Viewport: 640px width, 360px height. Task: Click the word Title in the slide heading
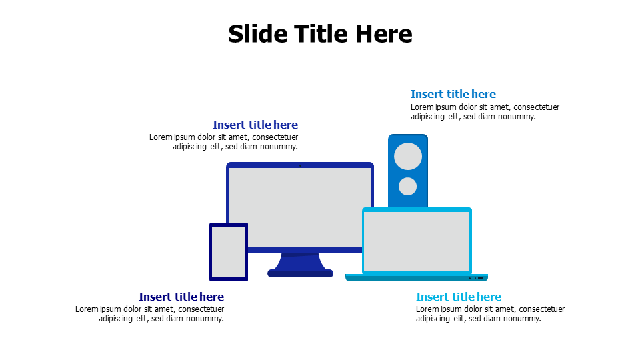click(x=321, y=33)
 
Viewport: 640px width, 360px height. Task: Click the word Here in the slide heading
click(x=384, y=33)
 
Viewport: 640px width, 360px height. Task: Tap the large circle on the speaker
click(x=408, y=156)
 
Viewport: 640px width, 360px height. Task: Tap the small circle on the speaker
click(x=407, y=186)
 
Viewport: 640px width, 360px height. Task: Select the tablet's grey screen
click(x=229, y=252)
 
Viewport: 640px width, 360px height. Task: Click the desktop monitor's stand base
click(x=301, y=273)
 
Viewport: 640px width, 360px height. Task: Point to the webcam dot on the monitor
click(x=301, y=166)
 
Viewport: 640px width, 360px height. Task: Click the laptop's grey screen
click(x=417, y=241)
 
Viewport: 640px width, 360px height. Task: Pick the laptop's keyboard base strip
click(x=417, y=278)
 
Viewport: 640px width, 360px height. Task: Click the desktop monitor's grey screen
click(x=300, y=208)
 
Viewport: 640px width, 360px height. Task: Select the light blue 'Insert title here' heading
click(x=453, y=94)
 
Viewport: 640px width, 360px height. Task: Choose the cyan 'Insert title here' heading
click(x=459, y=297)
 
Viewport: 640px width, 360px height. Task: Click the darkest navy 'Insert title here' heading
click(x=181, y=297)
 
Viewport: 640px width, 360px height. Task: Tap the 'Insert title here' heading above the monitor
click(x=255, y=125)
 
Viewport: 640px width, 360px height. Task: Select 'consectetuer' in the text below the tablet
click(x=201, y=309)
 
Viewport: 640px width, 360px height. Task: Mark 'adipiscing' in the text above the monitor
click(x=189, y=147)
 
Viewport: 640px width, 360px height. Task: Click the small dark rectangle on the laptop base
click(x=481, y=279)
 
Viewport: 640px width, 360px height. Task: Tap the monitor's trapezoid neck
click(x=301, y=261)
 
